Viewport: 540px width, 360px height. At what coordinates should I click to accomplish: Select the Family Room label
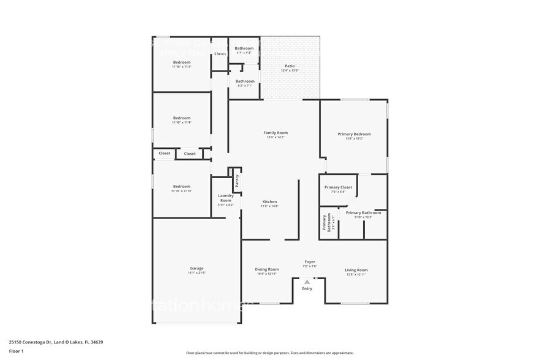276,132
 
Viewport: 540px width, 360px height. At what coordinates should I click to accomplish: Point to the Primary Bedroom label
354,134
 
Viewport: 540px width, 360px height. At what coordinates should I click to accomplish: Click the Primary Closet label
338,187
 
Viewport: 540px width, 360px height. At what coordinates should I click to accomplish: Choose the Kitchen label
270,201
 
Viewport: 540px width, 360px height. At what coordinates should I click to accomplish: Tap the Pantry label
236,181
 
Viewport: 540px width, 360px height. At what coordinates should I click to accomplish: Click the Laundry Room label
226,198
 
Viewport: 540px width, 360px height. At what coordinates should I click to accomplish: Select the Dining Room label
267,269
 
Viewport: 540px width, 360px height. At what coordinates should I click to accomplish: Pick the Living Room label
356,269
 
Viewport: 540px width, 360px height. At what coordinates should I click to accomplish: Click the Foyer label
310,262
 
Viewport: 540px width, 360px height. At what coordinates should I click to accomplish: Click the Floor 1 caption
16,351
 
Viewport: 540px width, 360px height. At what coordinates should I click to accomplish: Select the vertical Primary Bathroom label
326,223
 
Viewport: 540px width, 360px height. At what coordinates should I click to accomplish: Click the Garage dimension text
197,274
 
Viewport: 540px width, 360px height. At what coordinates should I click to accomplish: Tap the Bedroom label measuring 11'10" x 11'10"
182,186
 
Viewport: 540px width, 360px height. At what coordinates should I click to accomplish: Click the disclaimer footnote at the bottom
269,353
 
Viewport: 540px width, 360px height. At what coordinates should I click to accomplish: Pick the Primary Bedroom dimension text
354,139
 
